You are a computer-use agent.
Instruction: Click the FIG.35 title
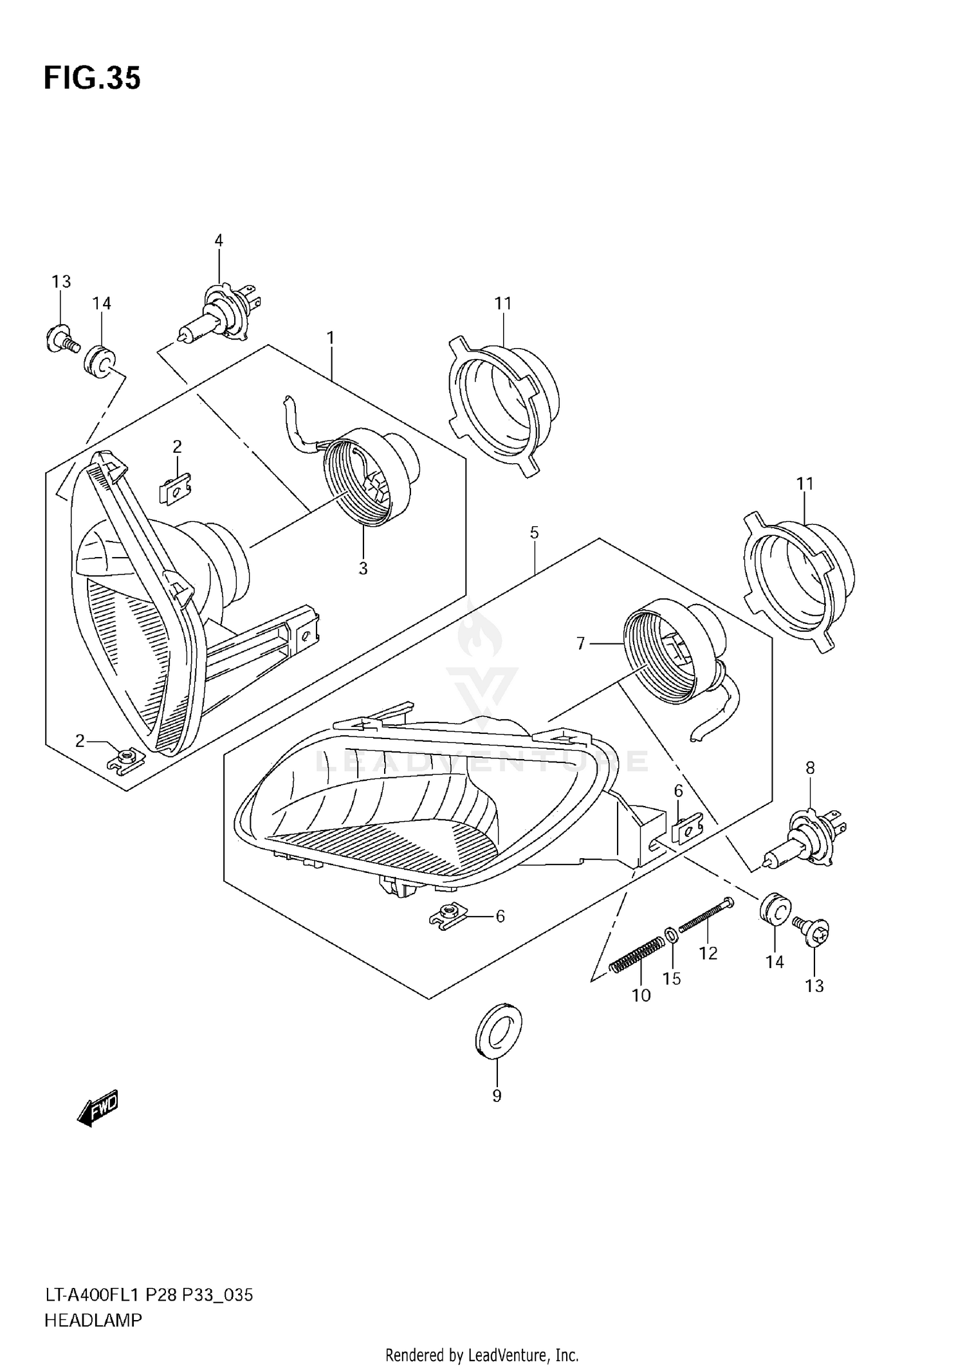point(92,78)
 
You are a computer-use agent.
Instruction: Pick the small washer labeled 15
point(670,933)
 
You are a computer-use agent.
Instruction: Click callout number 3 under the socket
point(363,569)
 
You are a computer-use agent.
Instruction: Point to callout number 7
point(580,643)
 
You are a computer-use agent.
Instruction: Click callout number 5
point(535,533)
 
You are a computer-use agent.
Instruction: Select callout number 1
point(330,337)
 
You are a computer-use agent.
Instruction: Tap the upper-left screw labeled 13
point(61,340)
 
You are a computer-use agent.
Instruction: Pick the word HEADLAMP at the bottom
point(93,1321)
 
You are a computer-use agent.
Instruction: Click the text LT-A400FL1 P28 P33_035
point(149,1295)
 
